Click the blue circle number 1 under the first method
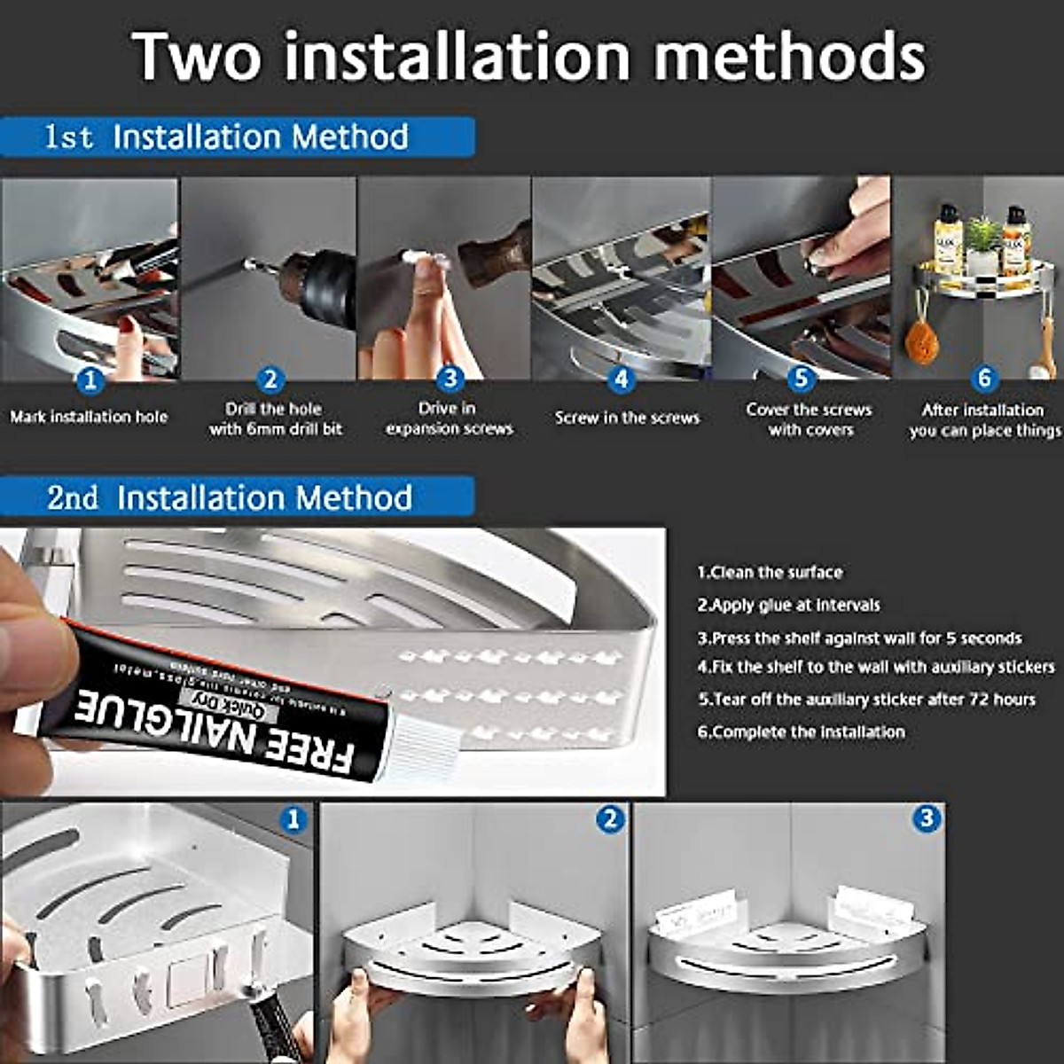[x=90, y=381]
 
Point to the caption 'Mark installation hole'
[x=89, y=417]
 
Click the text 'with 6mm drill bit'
[x=276, y=429]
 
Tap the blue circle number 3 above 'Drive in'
[x=450, y=379]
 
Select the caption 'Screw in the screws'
[x=627, y=418]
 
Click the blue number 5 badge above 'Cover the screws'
[x=801, y=379]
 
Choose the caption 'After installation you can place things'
[x=984, y=420]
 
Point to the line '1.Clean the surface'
[x=770, y=573]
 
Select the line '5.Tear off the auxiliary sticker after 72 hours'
[x=866, y=700]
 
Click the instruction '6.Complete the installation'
[x=801, y=732]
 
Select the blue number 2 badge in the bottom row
[x=610, y=819]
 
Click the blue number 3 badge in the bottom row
[x=927, y=818]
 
